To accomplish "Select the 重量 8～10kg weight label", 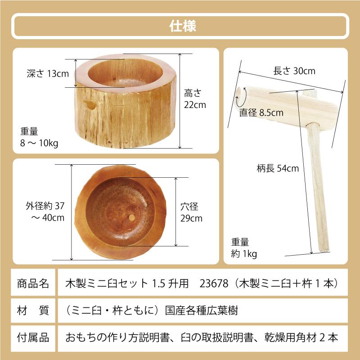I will (x=39, y=137).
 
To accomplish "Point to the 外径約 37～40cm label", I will (x=45, y=212).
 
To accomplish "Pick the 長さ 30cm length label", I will (x=294, y=71).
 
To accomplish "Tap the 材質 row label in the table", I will (x=33, y=310).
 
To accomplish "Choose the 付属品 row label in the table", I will (x=33, y=337).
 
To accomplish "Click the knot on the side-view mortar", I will (x=90, y=105).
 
